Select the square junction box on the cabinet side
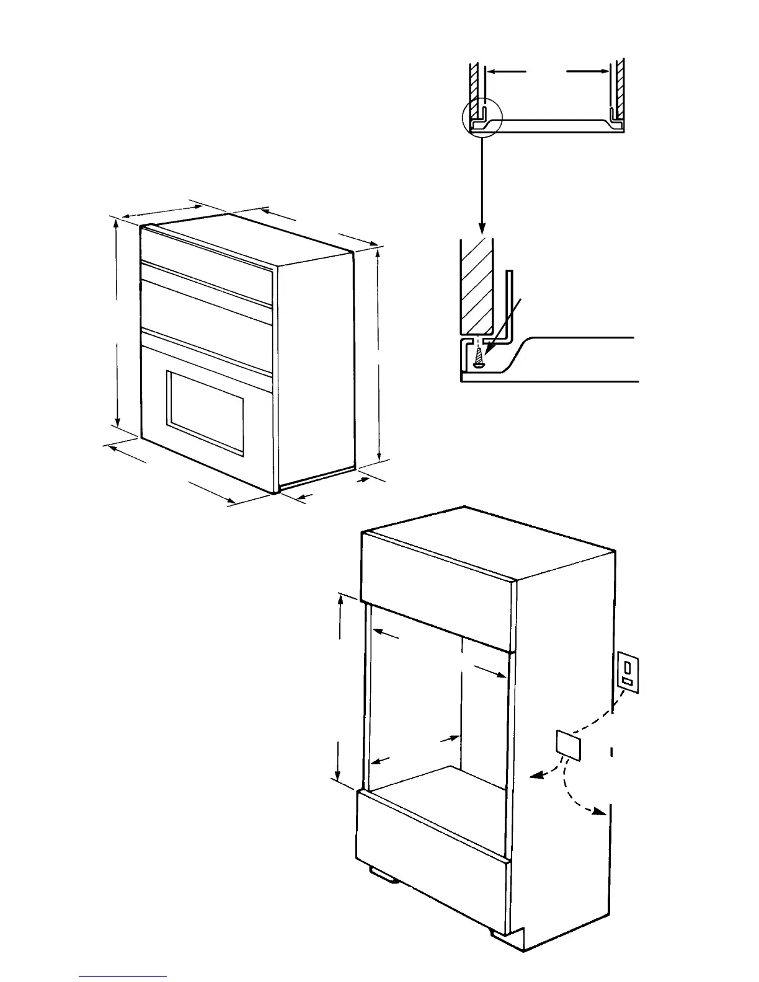[569, 743]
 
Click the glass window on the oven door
[205, 411]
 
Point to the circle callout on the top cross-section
[481, 118]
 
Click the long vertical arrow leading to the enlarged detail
[482, 180]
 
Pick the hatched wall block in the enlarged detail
[476, 285]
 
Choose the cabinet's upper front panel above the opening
[437, 595]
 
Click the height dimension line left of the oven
[117, 322]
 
